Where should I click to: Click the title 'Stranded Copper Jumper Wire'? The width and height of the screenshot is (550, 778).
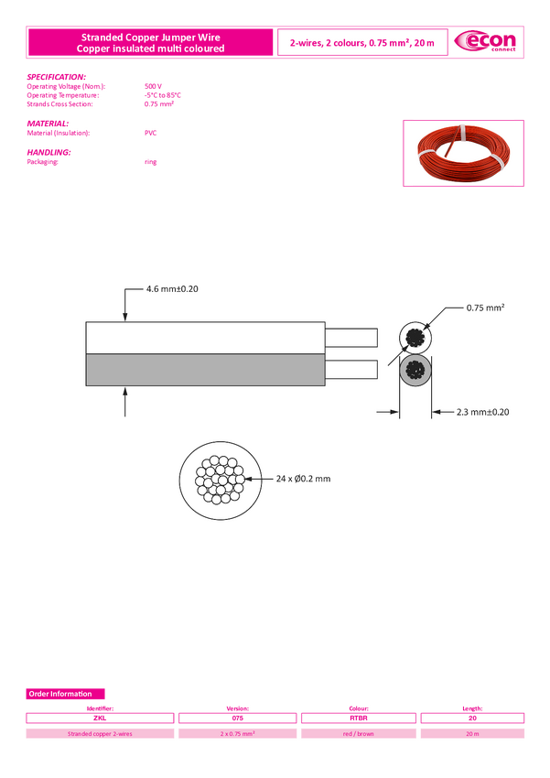click(x=151, y=37)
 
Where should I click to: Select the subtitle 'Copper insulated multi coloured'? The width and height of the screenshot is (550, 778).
click(x=151, y=49)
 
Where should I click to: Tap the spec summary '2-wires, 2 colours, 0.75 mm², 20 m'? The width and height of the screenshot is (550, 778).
click(x=361, y=43)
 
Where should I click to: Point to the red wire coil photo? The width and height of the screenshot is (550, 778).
click(x=462, y=156)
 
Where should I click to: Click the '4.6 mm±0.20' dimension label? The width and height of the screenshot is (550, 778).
click(x=172, y=289)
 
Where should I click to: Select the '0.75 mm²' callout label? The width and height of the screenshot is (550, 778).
click(x=486, y=308)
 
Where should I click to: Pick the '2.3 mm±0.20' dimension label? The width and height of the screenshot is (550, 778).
click(x=482, y=412)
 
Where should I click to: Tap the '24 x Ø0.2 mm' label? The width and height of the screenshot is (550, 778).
click(x=303, y=479)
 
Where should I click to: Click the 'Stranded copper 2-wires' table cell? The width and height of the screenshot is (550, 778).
click(x=101, y=734)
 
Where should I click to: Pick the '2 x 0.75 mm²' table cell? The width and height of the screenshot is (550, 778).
click(x=238, y=734)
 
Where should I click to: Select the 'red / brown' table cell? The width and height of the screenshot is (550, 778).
click(x=359, y=734)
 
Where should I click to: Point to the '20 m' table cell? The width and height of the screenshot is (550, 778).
click(x=472, y=734)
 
